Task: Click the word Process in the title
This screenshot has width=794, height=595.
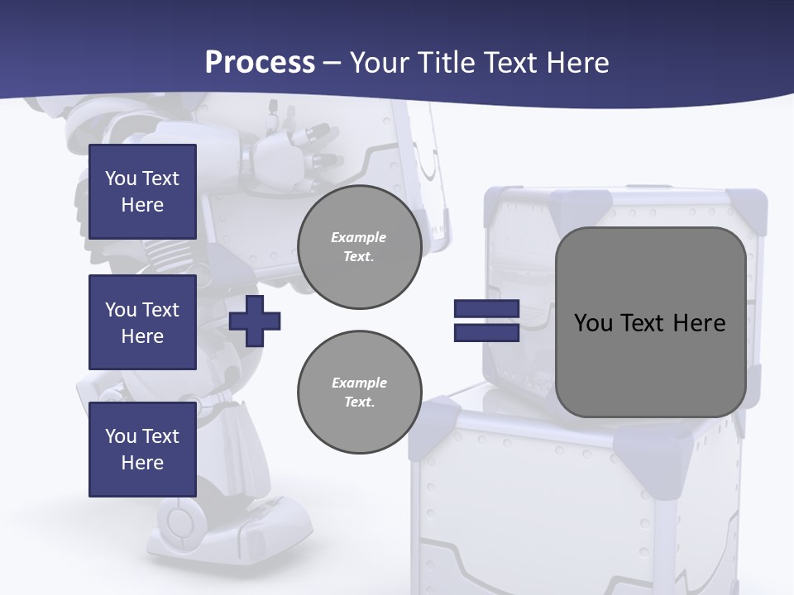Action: click(260, 63)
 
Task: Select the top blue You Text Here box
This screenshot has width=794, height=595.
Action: click(142, 192)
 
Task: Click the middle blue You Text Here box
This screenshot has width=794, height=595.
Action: click(142, 322)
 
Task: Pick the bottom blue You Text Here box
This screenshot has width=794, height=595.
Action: click(142, 450)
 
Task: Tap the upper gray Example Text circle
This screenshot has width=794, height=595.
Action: click(360, 247)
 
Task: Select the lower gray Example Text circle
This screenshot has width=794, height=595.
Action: click(360, 393)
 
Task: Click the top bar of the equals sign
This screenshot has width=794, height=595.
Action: click(486, 309)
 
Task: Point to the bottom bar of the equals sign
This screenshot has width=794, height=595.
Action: click(486, 332)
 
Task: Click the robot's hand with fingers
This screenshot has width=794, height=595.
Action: click(285, 153)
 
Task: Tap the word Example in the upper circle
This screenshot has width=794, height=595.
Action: click(359, 237)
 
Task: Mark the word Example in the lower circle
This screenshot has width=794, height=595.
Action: click(359, 383)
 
